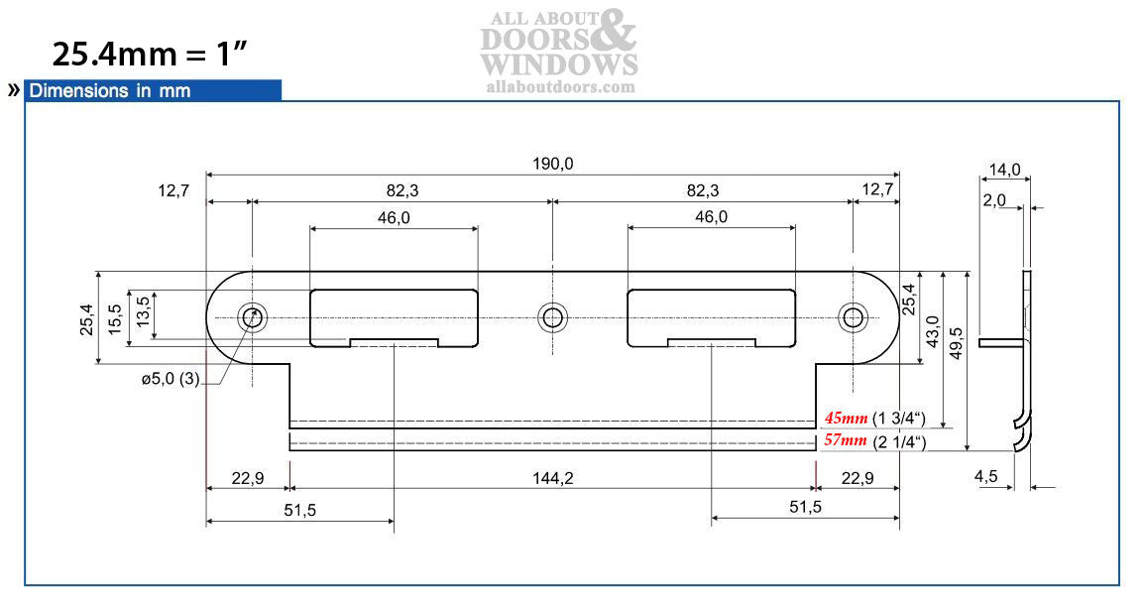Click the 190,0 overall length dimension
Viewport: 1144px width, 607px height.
(x=552, y=164)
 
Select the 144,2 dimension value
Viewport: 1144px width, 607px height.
(x=552, y=478)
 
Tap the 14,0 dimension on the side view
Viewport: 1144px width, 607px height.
(x=1004, y=170)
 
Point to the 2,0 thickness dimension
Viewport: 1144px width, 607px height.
(x=994, y=199)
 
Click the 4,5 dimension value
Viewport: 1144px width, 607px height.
(x=986, y=477)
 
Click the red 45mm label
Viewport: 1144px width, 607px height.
(x=846, y=418)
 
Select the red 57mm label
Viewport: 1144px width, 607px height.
(x=846, y=440)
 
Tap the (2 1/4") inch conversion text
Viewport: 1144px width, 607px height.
(x=899, y=441)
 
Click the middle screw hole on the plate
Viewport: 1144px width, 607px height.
(x=552, y=317)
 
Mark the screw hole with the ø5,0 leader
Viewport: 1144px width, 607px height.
(x=252, y=317)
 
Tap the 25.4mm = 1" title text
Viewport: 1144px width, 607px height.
(x=149, y=54)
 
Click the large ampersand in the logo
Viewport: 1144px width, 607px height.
(x=616, y=32)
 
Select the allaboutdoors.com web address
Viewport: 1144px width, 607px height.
(x=560, y=87)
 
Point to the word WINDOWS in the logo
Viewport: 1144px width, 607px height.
(x=559, y=64)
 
